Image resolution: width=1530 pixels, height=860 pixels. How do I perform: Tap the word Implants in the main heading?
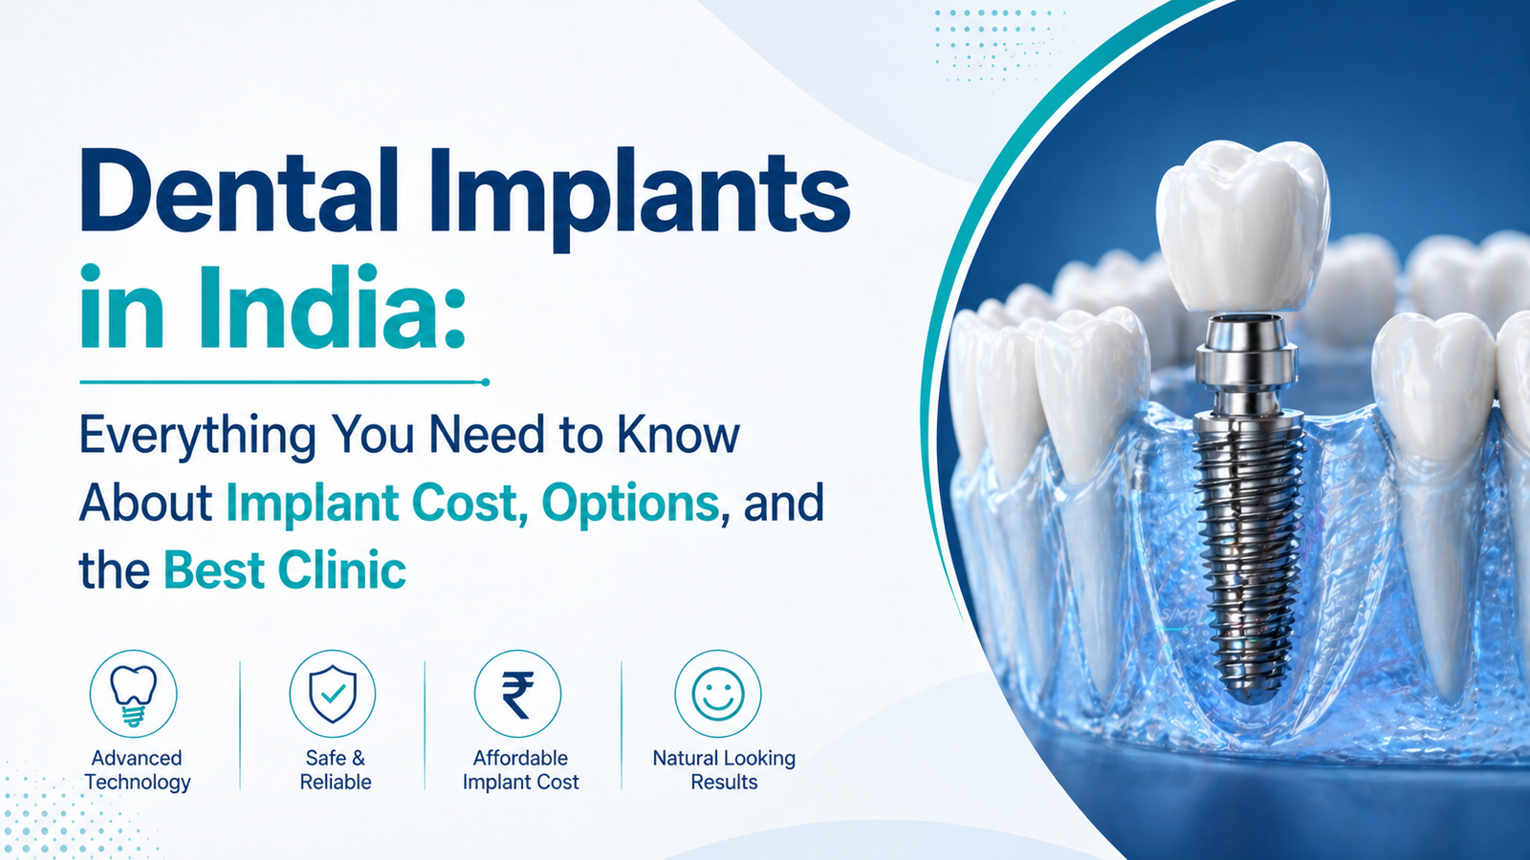(640, 199)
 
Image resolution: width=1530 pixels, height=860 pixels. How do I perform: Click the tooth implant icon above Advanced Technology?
(134, 694)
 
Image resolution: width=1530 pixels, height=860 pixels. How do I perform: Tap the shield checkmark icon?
(333, 694)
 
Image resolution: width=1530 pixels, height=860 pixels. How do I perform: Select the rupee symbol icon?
(517, 695)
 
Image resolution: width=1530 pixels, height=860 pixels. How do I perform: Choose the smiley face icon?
(718, 694)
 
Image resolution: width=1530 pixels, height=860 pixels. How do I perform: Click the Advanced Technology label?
(138, 770)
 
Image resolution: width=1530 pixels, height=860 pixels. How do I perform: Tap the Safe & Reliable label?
(336, 770)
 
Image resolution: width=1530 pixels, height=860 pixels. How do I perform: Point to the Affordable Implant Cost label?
(520, 770)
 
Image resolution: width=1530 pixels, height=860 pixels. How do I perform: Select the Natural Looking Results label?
(724, 770)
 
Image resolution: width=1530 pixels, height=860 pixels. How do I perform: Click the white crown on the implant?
(1242, 232)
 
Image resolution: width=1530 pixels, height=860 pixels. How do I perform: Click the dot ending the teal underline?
(486, 382)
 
